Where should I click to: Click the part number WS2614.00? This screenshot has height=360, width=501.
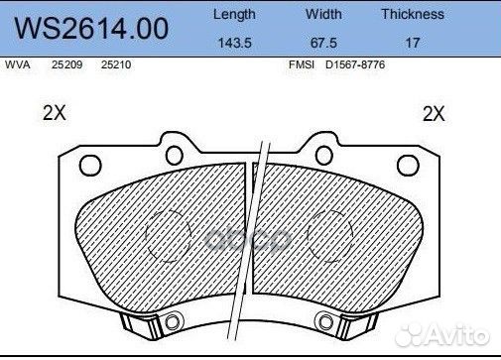tap(87, 29)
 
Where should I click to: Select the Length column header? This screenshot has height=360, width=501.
tap(234, 15)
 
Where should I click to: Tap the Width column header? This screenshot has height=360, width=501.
tap(323, 15)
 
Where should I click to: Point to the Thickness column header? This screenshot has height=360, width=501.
tap(412, 15)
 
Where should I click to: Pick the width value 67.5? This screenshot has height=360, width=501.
tap(323, 44)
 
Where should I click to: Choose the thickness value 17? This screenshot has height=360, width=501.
tap(413, 44)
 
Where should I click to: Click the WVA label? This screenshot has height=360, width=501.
tap(17, 64)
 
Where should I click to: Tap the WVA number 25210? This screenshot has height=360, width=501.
tap(117, 64)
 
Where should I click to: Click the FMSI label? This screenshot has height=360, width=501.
tap(300, 64)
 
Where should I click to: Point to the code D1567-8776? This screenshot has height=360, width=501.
tap(358, 64)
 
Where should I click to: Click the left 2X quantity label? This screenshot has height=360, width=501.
tap(55, 114)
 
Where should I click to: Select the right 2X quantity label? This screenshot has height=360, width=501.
tap(434, 114)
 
